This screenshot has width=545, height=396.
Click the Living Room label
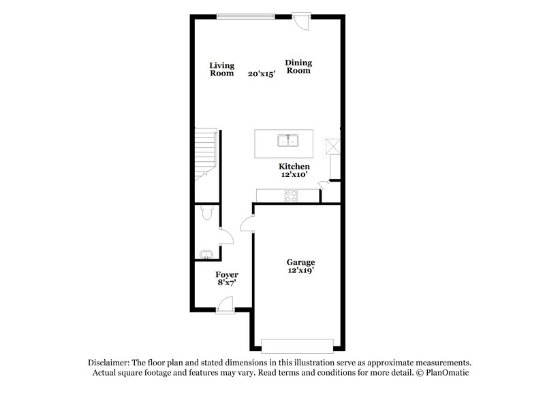[x=221, y=69]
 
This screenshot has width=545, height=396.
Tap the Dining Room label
[x=298, y=67]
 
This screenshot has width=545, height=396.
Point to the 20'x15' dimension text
[x=262, y=74]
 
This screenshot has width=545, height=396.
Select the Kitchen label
[x=294, y=167]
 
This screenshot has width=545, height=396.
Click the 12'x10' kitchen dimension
[x=294, y=175]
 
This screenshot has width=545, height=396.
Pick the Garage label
[x=300, y=262]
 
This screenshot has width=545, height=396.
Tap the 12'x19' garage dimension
[x=300, y=270]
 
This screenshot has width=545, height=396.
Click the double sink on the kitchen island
[x=288, y=142]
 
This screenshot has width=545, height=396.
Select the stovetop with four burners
[x=291, y=196]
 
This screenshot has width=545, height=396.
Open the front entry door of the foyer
[x=224, y=310]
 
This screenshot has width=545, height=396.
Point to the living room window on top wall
[x=245, y=15]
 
